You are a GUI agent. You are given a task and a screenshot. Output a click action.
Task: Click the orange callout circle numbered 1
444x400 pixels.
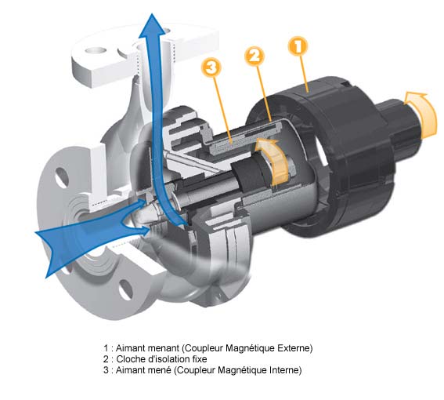(x=298, y=46)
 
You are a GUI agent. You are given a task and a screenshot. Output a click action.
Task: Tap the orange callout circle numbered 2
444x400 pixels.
(x=254, y=56)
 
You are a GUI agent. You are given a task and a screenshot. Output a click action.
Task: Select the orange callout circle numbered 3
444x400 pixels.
(x=211, y=67)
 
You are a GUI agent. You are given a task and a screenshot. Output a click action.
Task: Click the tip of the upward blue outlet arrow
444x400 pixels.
(x=153, y=13)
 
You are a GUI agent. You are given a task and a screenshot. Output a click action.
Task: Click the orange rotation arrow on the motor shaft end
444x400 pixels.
(x=422, y=114)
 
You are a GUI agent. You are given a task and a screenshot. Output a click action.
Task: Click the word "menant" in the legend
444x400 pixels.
(x=164, y=347)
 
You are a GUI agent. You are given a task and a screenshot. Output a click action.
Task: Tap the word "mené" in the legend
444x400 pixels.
(x=161, y=370)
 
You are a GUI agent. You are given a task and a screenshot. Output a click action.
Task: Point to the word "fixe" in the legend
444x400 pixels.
(x=200, y=359)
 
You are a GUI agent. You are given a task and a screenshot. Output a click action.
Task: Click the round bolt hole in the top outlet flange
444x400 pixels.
(x=96, y=50)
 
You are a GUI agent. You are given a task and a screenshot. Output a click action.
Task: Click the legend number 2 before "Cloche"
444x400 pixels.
(x=106, y=359)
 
